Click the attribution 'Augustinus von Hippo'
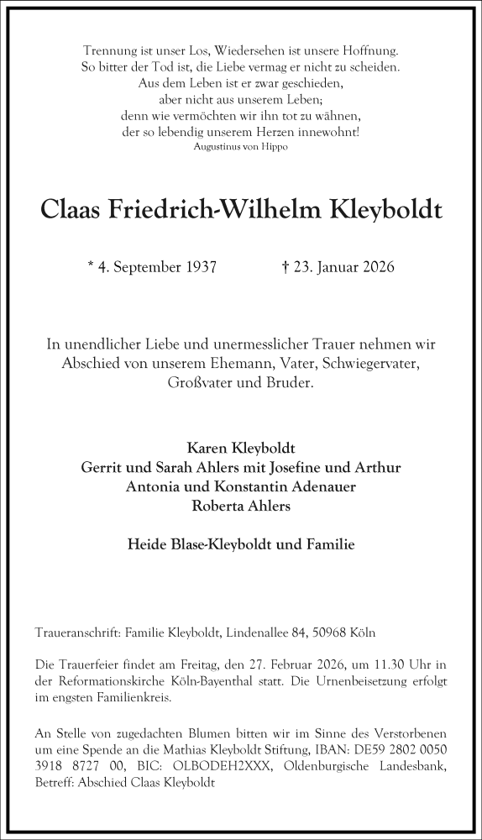[240, 147]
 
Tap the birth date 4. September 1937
[157, 268]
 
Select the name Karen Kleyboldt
[240, 447]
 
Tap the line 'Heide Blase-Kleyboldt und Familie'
[240, 544]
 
